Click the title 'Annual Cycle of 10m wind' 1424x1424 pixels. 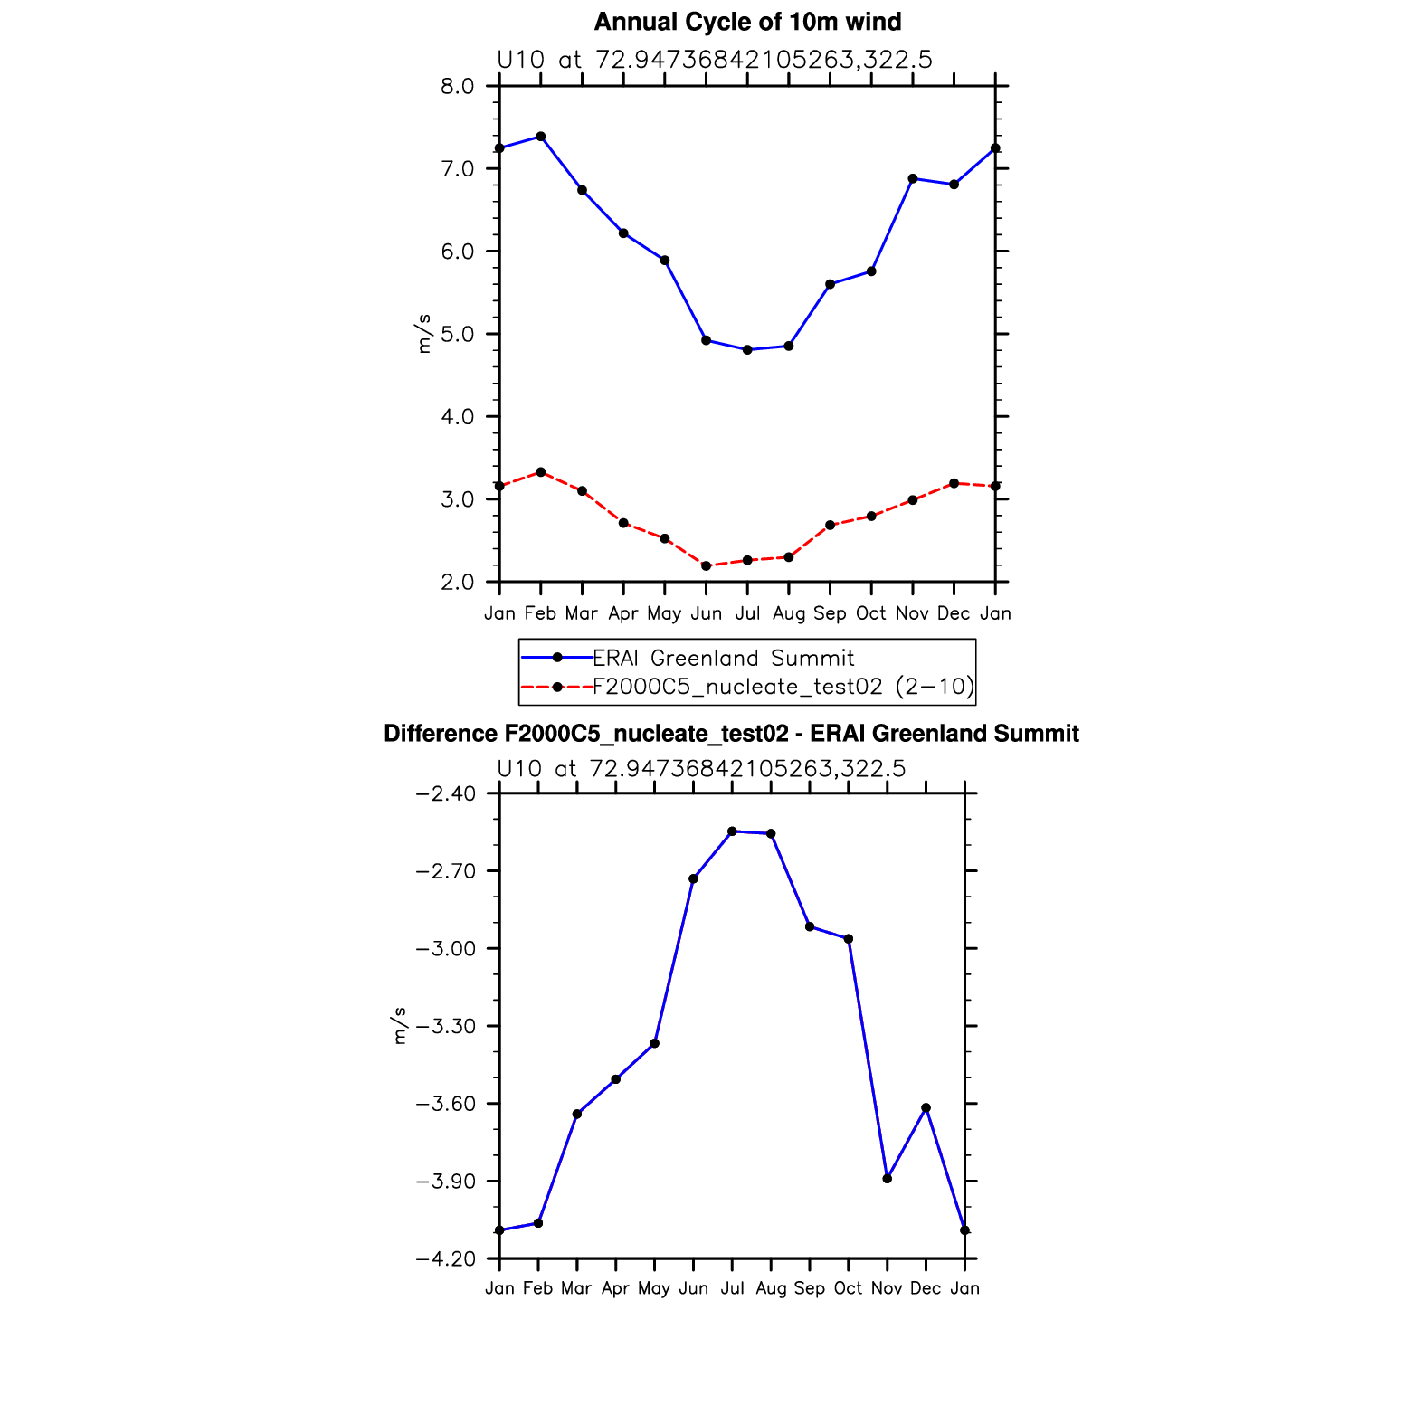pos(747,22)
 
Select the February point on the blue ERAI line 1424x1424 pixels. pos(541,137)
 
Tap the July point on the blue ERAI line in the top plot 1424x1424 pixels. pos(747,349)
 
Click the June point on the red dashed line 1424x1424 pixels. pos(706,566)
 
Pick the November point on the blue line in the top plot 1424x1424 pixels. pos(913,178)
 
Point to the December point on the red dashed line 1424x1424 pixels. pos(954,483)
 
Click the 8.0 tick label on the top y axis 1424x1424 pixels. pos(457,87)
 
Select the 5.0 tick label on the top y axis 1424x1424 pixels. pos(457,335)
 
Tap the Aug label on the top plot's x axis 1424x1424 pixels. pos(789,613)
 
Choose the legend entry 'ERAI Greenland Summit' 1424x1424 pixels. pos(723,658)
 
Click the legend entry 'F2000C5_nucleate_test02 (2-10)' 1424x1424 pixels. pos(783,687)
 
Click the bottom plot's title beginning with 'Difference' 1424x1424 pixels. pos(731,734)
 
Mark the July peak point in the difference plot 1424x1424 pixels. pos(732,831)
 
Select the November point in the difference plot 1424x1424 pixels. pos(888,1179)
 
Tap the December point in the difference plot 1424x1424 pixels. pos(926,1107)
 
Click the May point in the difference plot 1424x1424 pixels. pos(655,1043)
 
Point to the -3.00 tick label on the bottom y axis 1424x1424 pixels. pos(444,949)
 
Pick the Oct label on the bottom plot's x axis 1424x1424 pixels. pos(848,1288)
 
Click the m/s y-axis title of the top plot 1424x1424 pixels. pos(423,334)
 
